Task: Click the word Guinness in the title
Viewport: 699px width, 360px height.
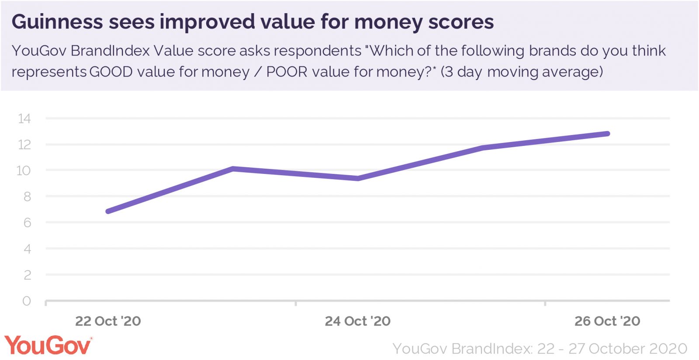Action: click(57, 22)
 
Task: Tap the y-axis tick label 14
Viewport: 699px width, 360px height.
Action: click(24, 118)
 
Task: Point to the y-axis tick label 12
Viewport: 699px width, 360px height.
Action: click(24, 145)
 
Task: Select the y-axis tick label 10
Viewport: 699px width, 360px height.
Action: click(24, 170)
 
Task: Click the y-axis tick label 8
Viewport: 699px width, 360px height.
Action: click(27, 197)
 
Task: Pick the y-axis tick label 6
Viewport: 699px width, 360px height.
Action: click(27, 223)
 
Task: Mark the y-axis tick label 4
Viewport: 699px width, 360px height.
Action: click(27, 249)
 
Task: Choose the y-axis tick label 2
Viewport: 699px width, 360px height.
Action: click(27, 275)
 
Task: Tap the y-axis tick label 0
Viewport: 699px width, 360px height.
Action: click(27, 301)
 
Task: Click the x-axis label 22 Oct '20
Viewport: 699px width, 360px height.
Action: click(108, 321)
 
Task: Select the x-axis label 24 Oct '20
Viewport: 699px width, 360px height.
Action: click(357, 321)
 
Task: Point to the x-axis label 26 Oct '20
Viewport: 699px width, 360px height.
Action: click(607, 321)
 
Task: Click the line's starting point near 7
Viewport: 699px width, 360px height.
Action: click(108, 211)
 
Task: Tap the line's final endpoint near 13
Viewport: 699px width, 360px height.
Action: click(607, 134)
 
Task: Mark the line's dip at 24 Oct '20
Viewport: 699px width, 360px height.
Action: click(358, 178)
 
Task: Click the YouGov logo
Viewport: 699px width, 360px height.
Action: click(48, 346)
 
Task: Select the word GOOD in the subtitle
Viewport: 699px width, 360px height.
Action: click(111, 72)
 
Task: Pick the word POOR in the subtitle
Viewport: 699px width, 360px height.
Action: click(287, 72)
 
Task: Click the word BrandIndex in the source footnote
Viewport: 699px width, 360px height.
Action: click(492, 349)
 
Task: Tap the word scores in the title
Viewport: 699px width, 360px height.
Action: click(461, 22)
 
